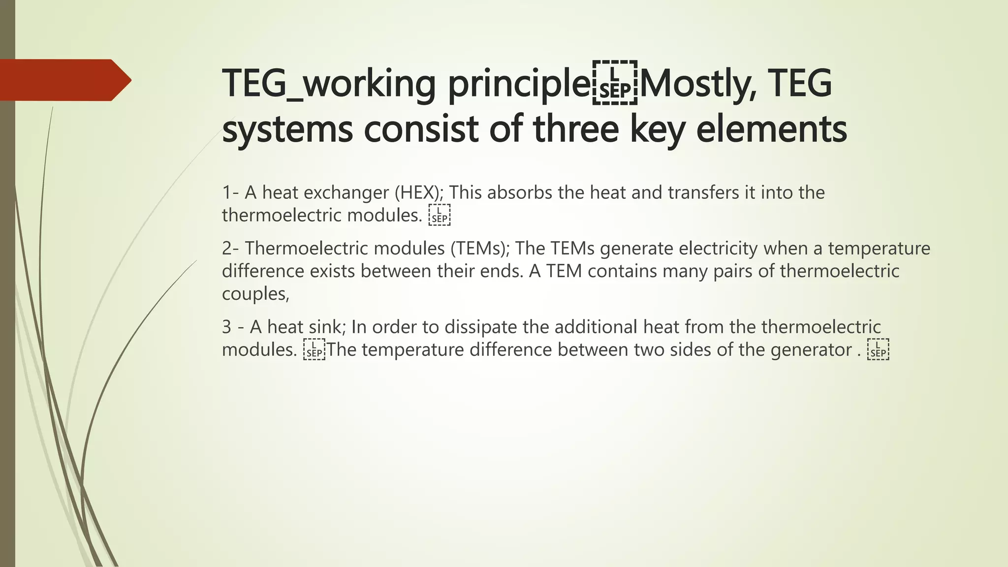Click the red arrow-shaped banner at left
pos(64,80)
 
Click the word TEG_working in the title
pos(329,83)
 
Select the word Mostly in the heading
pos(698,83)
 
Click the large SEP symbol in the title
pos(615,83)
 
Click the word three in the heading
pos(575,128)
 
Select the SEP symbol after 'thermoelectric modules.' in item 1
pos(439,216)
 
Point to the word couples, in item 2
pos(255,294)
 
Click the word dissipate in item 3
pos(476,327)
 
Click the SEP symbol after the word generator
pos(878,350)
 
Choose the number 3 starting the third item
pos(226,327)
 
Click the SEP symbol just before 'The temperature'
pos(314,350)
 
